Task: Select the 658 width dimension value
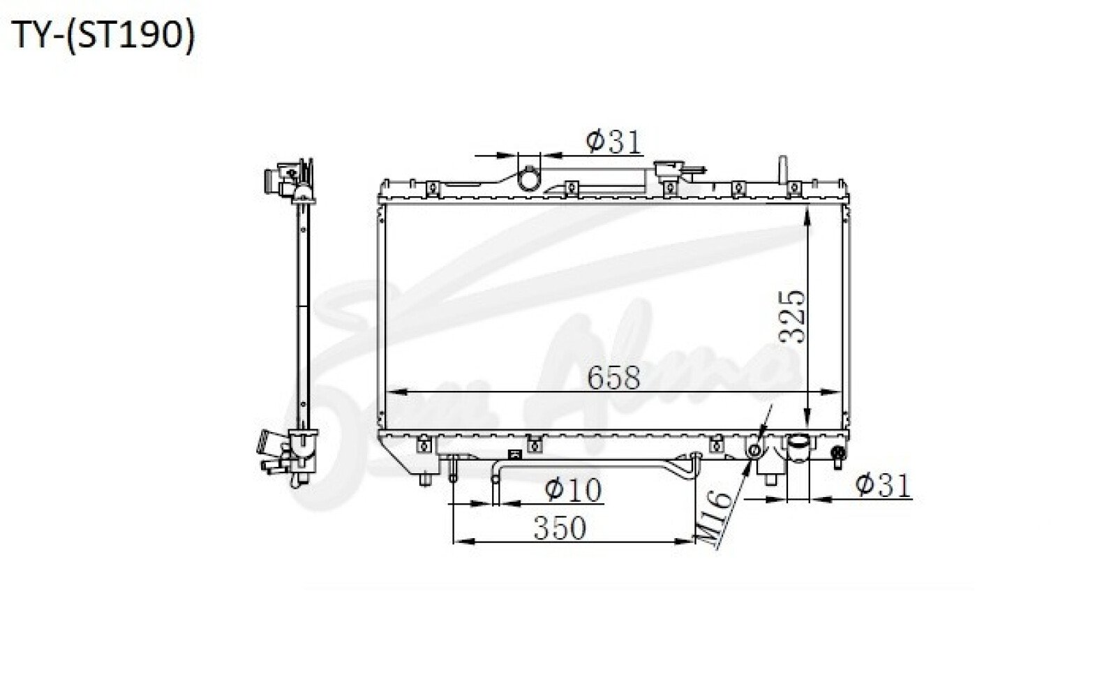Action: tap(613, 377)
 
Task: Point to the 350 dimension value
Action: tap(560, 528)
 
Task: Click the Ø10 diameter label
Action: tap(573, 489)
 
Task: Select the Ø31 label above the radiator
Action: tap(613, 142)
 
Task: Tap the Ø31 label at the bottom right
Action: tap(884, 484)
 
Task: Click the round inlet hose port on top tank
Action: tap(529, 178)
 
